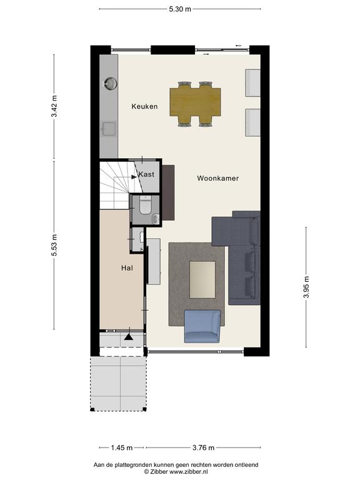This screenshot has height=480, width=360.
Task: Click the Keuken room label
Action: pos(144,106)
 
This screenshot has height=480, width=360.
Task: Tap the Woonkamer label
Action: pos(217,178)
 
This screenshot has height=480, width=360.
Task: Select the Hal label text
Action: pos(127,268)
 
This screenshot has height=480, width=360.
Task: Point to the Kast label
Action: pos(146,174)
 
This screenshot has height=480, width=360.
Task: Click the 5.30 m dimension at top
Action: pos(180,9)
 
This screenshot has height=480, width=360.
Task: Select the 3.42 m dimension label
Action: pos(54,106)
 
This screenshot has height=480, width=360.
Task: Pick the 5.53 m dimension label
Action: pos(54,245)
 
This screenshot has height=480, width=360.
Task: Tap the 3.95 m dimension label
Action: pos(306,287)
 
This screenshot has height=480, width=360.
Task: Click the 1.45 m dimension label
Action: pos(121,448)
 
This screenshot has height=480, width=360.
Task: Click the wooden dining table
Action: pos(195,102)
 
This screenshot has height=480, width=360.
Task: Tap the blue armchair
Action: pos(202,326)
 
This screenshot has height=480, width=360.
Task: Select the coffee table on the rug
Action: pos(202,279)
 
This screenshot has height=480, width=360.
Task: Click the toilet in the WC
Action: pos(145,204)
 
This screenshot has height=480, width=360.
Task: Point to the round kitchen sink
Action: pos(110,83)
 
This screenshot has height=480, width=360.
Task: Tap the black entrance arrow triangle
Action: pos(129,337)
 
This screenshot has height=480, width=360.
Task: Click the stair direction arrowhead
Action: pos(134,177)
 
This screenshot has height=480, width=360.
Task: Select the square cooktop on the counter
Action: pos(109,129)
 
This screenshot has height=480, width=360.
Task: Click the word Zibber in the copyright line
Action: pos(156,472)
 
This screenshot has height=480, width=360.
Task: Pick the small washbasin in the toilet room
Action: pos(156,219)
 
